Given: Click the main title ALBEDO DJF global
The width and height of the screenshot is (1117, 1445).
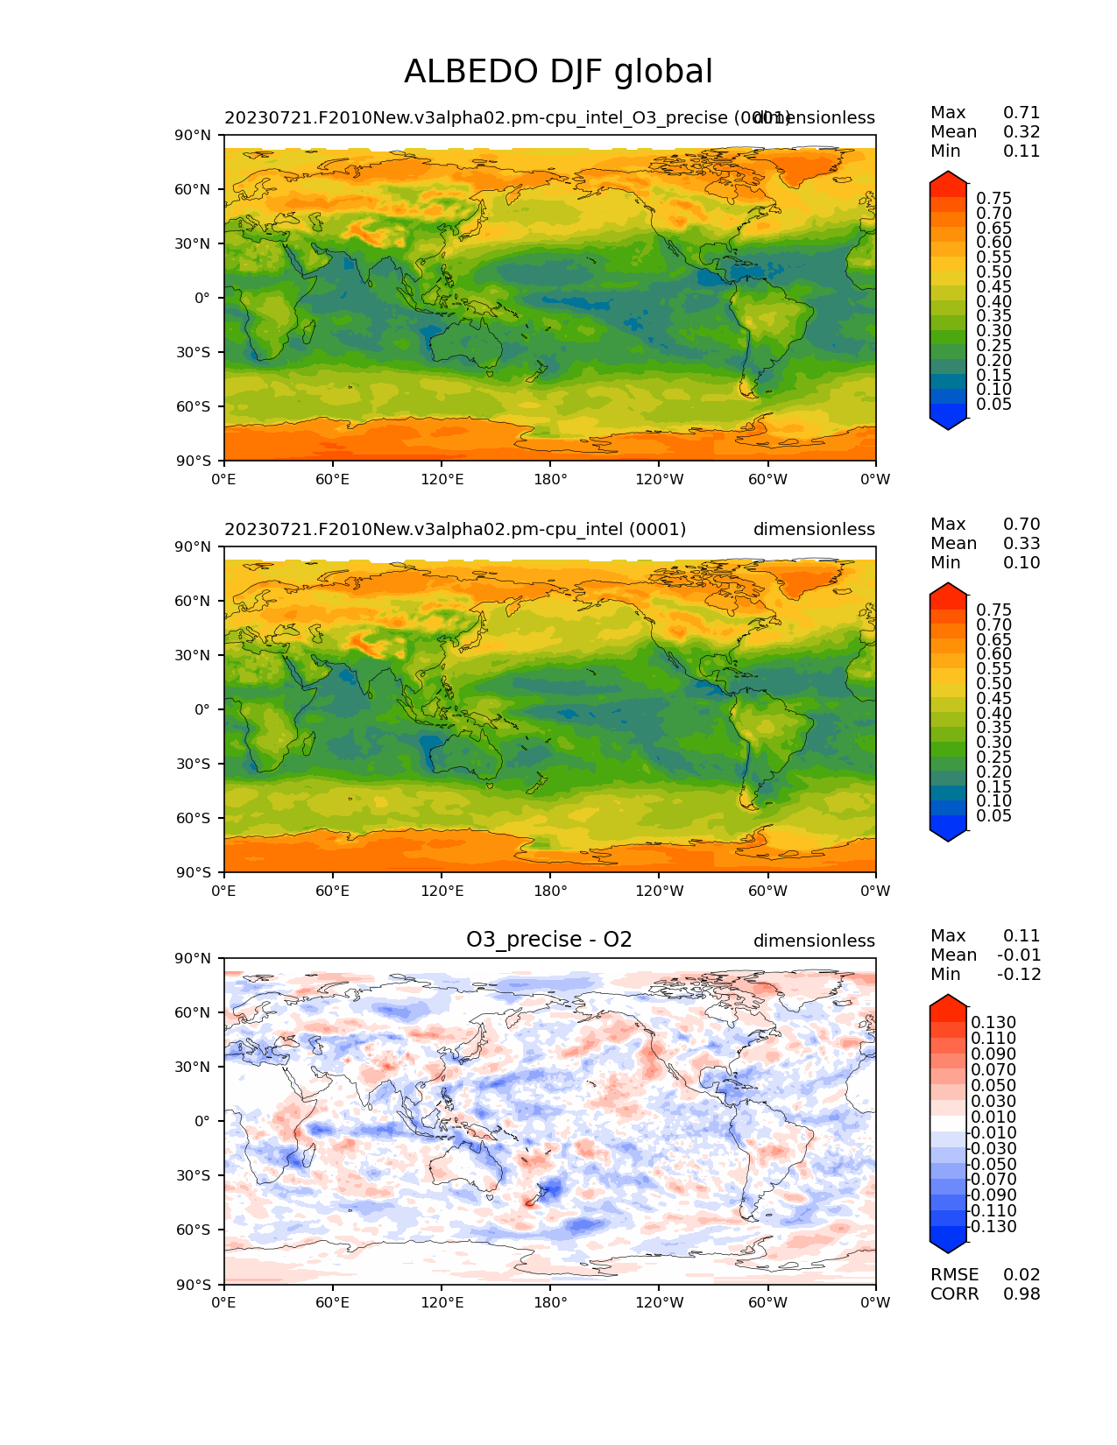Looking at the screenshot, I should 558,72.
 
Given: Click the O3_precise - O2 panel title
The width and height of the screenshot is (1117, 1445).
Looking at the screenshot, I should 548,940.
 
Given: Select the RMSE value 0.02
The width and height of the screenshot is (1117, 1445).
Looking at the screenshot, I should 1022,1275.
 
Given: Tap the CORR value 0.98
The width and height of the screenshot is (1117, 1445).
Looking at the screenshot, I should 1022,1294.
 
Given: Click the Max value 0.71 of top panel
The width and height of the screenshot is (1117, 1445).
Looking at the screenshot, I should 1022,113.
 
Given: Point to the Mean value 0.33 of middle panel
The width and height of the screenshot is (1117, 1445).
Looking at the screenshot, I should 1022,544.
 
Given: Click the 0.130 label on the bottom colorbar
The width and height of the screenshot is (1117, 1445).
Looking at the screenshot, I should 993,1023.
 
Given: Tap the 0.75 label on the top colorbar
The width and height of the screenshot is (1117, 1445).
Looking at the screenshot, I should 993,199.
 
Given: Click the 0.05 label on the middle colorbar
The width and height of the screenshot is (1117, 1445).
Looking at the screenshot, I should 993,816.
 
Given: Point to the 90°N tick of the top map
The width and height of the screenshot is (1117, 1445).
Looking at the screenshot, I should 194,136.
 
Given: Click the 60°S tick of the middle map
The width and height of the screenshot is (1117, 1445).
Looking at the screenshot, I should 194,818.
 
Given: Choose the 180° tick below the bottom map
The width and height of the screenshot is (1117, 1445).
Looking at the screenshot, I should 550,1303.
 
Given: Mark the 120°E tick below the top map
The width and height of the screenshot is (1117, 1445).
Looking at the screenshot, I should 442,480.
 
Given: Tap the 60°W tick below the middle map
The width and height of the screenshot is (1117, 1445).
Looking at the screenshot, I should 767,892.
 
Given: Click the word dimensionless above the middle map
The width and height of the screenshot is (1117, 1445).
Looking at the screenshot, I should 814,530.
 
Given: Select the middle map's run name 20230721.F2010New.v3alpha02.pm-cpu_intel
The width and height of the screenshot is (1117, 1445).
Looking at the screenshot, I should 455,530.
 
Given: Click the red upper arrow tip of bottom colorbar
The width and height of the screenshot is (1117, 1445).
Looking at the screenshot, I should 948,1000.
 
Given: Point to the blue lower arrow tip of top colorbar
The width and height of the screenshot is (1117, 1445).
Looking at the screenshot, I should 948,426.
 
